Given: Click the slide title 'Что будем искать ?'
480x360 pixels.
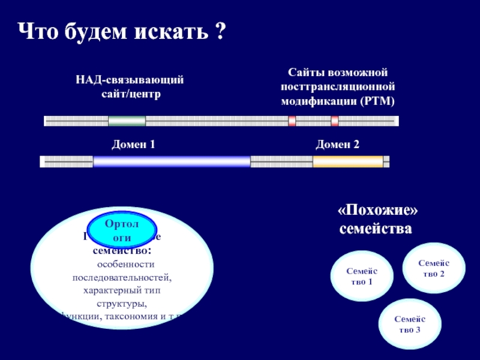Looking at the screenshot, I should [120, 31].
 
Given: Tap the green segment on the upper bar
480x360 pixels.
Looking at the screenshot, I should [127, 121].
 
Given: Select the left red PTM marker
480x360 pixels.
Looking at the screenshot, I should [292, 121].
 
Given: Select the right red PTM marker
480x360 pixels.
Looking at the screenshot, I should [335, 121].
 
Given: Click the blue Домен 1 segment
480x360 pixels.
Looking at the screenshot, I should [172, 161].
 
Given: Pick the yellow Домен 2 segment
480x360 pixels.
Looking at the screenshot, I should [348, 161].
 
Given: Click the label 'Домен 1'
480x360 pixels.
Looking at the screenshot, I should [134, 145].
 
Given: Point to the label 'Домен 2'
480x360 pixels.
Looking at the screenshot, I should [338, 145].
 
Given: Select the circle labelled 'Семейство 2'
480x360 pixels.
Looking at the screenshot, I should [434, 268].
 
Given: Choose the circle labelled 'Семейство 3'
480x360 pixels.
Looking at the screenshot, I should [410, 325].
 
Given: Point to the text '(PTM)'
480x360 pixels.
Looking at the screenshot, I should [378, 100].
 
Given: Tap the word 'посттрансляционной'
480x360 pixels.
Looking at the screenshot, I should [337, 86].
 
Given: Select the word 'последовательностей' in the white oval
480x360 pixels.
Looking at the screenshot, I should [122, 277].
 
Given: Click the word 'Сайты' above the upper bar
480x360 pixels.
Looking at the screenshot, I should [304, 73].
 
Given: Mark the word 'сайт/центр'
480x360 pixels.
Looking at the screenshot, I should [130, 94].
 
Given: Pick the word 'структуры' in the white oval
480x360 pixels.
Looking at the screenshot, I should [122, 304].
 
